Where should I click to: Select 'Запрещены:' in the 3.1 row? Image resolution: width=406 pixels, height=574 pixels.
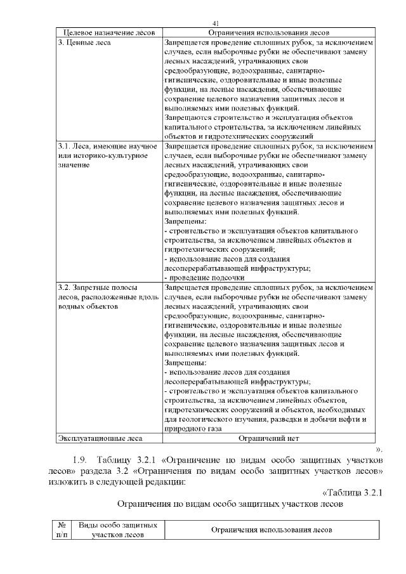(x=185, y=221)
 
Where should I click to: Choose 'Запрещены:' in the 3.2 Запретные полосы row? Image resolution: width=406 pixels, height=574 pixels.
(x=185, y=363)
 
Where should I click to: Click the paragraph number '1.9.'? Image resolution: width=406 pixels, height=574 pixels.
(x=82, y=459)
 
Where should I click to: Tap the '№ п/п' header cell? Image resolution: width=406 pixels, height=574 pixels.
(x=62, y=530)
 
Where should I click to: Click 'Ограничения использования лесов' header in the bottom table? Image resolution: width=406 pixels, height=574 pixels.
(x=270, y=530)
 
